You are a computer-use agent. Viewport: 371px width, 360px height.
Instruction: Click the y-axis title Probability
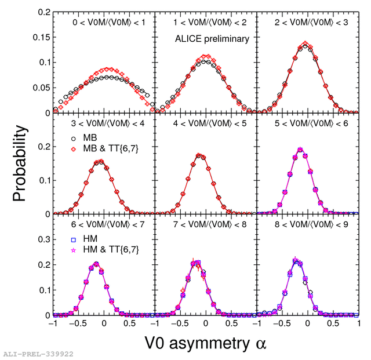tap(20, 164)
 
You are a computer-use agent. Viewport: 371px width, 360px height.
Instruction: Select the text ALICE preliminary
tap(212, 39)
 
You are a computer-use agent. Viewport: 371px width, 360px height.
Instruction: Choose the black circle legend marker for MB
tap(75, 139)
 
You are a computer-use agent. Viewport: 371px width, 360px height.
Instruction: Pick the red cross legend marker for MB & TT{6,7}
tap(75, 150)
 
